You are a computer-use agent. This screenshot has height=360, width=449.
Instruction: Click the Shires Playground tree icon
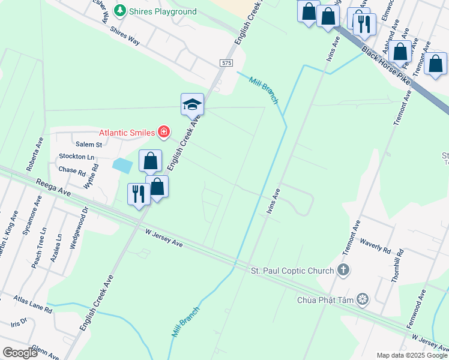(120, 11)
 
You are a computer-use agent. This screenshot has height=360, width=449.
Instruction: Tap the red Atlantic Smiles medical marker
(163, 131)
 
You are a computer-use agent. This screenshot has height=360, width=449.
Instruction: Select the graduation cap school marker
(193, 104)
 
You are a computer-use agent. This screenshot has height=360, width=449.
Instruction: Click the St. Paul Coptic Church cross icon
(343, 270)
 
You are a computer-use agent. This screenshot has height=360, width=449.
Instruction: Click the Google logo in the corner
(20, 352)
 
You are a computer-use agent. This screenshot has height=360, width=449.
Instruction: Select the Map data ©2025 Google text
(412, 355)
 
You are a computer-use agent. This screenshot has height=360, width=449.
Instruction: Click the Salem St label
(89, 145)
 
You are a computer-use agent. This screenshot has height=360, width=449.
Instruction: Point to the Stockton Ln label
(77, 157)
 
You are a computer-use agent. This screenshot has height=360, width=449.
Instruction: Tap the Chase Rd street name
(73, 170)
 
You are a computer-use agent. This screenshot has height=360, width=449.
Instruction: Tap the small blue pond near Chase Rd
(122, 166)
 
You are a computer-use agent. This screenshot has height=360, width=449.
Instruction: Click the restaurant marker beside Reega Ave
(138, 194)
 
